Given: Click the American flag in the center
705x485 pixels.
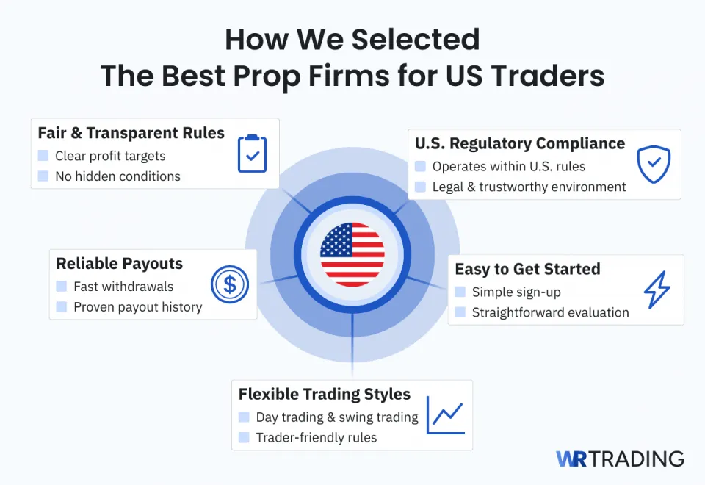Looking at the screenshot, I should click(x=352, y=254).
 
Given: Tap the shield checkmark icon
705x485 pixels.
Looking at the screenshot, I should click(x=653, y=165).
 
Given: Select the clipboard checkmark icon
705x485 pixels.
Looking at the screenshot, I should click(x=252, y=154).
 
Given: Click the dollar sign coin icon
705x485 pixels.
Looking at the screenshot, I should click(x=230, y=284).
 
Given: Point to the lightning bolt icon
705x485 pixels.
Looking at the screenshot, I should click(x=657, y=290).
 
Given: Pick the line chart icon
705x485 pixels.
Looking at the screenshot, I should click(x=446, y=415).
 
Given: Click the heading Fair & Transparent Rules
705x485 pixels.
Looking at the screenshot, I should click(x=131, y=133).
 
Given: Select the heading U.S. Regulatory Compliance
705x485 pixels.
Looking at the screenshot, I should click(x=520, y=143).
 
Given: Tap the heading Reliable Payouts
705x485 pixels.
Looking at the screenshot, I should click(x=120, y=264).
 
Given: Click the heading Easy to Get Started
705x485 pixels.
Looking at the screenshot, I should click(x=527, y=269).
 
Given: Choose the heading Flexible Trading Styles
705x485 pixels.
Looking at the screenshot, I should click(x=325, y=395).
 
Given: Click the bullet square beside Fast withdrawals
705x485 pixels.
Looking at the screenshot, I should click(x=61, y=287).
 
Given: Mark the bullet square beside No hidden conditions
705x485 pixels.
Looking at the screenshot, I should click(x=43, y=176).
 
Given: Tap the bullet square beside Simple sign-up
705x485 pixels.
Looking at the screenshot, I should click(x=460, y=292).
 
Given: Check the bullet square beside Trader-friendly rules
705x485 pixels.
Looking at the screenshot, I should click(x=244, y=437).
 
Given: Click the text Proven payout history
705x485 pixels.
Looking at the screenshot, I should click(x=138, y=307).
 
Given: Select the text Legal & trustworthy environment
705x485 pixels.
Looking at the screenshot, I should click(x=529, y=187).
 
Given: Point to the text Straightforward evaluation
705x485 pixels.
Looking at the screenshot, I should click(x=550, y=312).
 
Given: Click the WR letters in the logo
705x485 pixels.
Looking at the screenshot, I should click(x=571, y=459).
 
